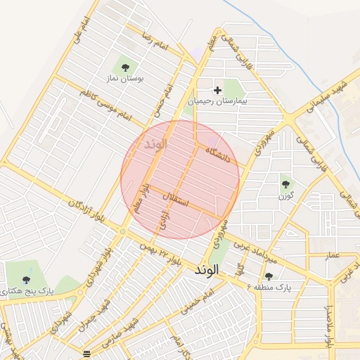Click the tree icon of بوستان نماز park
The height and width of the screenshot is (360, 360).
(x=125, y=67)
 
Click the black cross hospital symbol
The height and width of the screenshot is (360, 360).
(x=217, y=90)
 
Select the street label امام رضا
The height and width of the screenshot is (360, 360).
(x=155, y=41)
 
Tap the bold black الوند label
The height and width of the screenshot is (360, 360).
(x=208, y=269)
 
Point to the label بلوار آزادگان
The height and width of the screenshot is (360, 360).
(x=86, y=211)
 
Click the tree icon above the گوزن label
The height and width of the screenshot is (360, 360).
(x=285, y=184)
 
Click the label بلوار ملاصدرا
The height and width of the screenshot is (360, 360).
(x=329, y=323)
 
